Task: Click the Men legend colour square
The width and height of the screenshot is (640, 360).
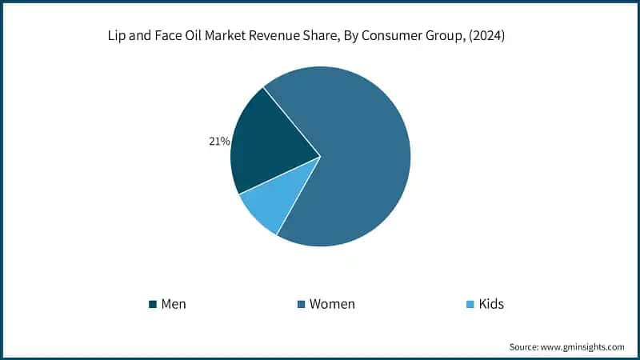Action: pos(152,305)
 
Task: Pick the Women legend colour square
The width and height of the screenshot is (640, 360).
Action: pos(301,305)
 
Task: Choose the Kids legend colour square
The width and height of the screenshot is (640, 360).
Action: pos(470,305)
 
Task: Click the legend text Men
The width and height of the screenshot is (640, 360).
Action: pos(174,304)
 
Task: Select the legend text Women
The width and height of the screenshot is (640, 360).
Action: pos(332,304)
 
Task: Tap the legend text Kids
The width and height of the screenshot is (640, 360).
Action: pos(491,304)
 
